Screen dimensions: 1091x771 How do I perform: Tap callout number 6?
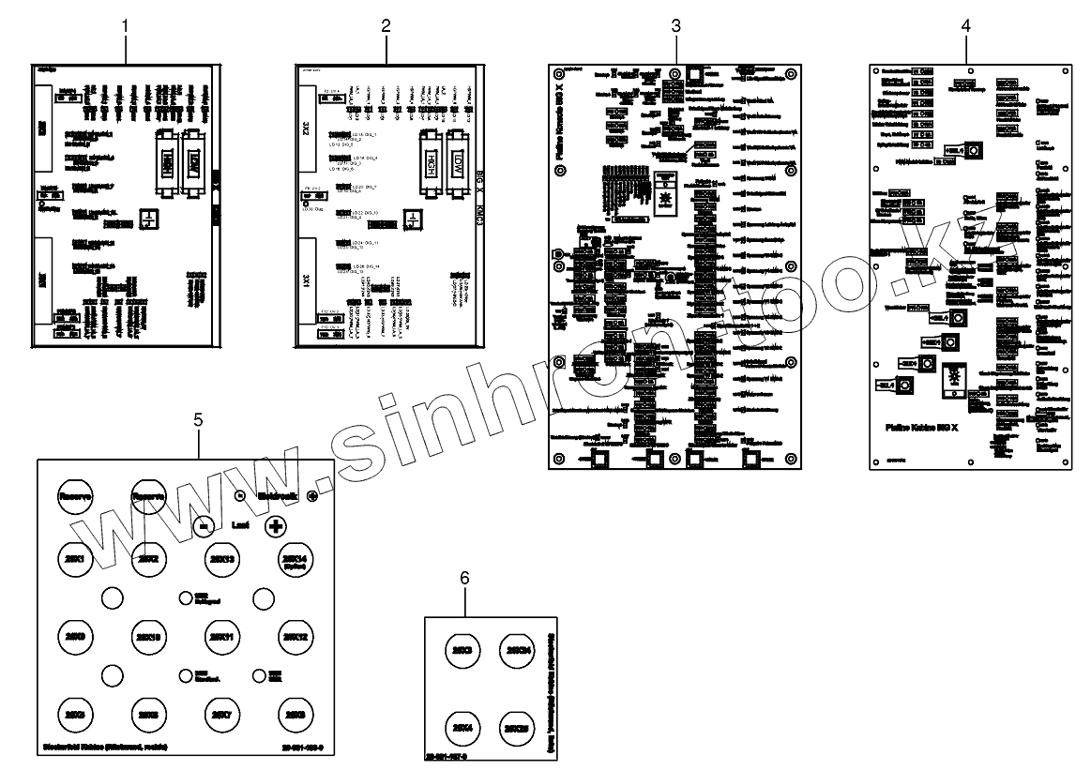464,578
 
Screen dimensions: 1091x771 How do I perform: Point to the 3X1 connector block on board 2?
307,280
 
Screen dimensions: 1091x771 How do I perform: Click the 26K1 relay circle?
72,561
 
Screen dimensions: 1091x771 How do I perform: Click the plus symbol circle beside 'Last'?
276,526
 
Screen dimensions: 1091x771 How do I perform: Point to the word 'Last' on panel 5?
240,526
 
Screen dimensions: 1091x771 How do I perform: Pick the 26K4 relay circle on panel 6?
462,728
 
